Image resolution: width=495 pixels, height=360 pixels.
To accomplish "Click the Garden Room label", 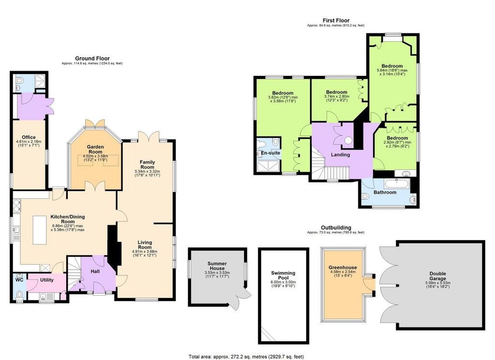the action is click(x=95, y=149).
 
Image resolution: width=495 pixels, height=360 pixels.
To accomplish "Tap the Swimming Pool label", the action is click(x=283, y=275).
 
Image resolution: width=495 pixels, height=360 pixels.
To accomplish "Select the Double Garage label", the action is click(x=437, y=276).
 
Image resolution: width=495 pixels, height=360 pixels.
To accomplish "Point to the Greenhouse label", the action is click(x=343, y=267).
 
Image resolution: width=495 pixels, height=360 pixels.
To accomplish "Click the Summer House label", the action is click(x=217, y=266).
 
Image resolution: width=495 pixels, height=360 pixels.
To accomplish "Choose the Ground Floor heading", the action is click(x=92, y=58).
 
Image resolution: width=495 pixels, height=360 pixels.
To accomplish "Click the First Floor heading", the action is click(x=336, y=20).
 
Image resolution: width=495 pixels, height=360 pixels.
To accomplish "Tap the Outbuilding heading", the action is click(x=336, y=227).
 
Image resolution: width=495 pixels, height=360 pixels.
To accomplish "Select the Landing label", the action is click(x=340, y=154).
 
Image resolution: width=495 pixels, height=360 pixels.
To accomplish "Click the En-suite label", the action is click(x=270, y=153).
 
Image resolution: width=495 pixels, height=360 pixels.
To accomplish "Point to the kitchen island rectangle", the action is click(x=40, y=230).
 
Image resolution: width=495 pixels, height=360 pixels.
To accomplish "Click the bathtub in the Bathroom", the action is click(x=396, y=184).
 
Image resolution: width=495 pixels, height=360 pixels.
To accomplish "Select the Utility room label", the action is click(x=47, y=280).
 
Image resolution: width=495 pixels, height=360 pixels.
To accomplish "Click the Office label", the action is click(x=29, y=137).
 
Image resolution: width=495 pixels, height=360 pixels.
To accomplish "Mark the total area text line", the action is click(x=246, y=357).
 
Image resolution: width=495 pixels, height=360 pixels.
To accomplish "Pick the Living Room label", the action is click(x=145, y=245).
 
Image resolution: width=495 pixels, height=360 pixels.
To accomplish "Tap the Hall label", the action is click(x=95, y=271).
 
